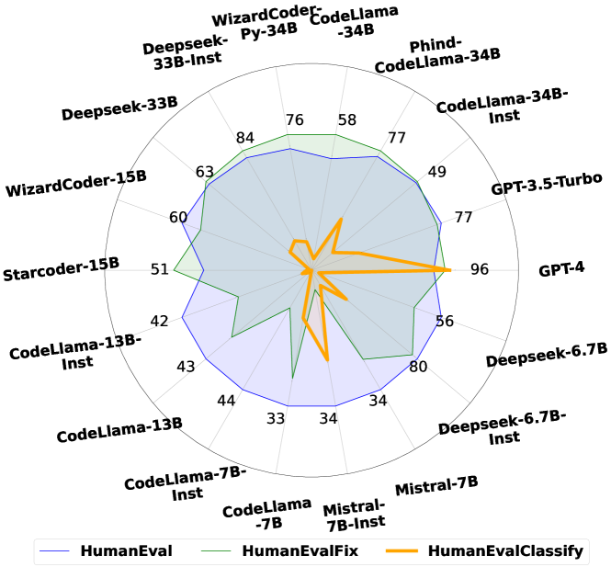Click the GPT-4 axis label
pos(561,270)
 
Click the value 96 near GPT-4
pos(479,270)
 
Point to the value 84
pos(244,139)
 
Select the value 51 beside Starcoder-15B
pos(160,269)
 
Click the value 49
pos(437,171)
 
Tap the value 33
pos(276,418)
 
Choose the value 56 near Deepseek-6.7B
pos(445,321)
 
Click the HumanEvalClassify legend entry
pos(506,551)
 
